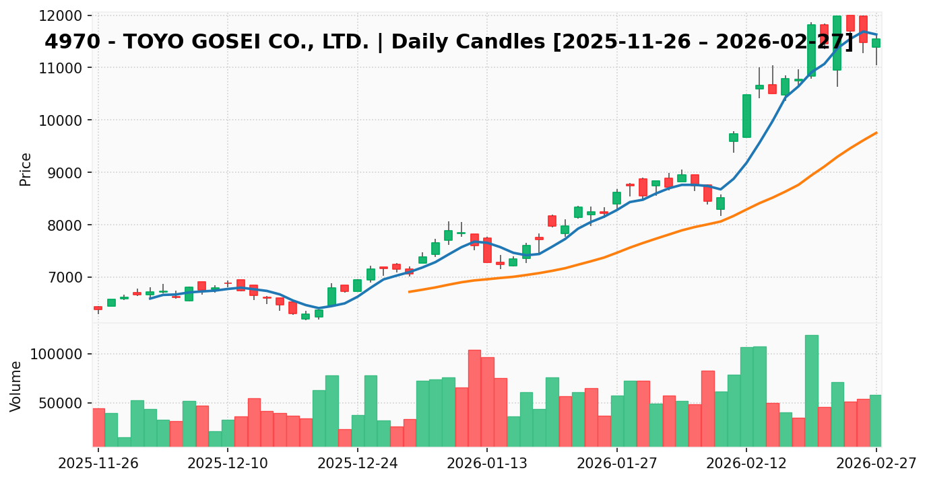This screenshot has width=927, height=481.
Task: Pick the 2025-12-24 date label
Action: point(357,464)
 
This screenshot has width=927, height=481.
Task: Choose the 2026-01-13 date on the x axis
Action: point(486,464)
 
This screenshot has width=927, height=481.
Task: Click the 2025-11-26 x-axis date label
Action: point(98,464)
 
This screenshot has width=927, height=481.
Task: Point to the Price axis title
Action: point(26,169)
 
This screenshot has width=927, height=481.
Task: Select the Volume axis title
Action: point(16,386)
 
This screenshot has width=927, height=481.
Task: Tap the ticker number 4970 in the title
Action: point(67,42)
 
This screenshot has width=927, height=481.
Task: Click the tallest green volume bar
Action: point(811,390)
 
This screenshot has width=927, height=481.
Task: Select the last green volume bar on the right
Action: point(875,420)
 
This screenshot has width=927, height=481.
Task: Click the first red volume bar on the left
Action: point(98,427)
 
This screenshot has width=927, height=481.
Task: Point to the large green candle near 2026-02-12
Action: point(746,116)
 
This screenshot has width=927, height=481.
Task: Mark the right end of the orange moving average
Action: point(876,133)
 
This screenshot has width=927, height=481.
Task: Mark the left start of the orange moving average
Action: point(409,291)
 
